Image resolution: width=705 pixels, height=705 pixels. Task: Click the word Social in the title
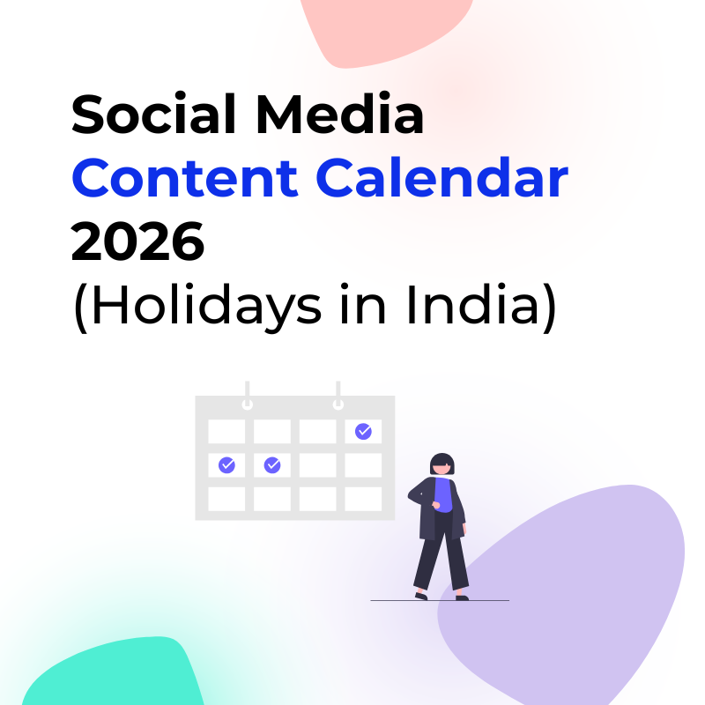point(153,114)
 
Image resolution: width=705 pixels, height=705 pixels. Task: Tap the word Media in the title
point(340,114)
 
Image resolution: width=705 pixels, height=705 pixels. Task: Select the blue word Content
point(185,178)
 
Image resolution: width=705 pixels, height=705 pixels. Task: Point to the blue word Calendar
point(442,178)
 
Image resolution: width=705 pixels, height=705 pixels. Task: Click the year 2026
point(137,241)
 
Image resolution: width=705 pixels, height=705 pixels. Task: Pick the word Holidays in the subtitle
point(207,306)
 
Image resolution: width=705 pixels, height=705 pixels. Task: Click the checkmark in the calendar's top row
point(363,431)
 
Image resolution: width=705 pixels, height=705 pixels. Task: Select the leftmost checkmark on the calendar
point(226,465)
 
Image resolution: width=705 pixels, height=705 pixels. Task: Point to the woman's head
point(442,464)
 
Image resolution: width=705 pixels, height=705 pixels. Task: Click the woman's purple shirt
point(443,494)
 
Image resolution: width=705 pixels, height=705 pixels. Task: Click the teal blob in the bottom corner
point(114,672)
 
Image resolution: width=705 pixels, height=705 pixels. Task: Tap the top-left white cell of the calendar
point(226,431)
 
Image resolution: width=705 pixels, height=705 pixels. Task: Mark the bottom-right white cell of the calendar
point(363,499)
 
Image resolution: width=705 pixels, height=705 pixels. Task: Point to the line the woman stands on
point(440,600)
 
